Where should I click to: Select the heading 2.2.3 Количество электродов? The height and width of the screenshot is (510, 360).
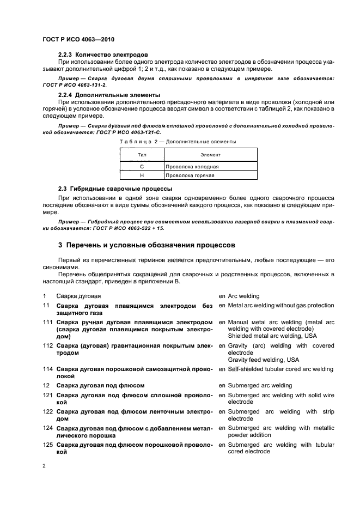click(103, 55)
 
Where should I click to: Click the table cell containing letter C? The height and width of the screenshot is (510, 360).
click(142, 166)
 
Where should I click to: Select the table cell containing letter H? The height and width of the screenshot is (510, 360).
click(142, 175)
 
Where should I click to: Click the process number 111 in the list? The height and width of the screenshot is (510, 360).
click(48, 322)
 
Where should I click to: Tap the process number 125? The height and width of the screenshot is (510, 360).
click(48, 445)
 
